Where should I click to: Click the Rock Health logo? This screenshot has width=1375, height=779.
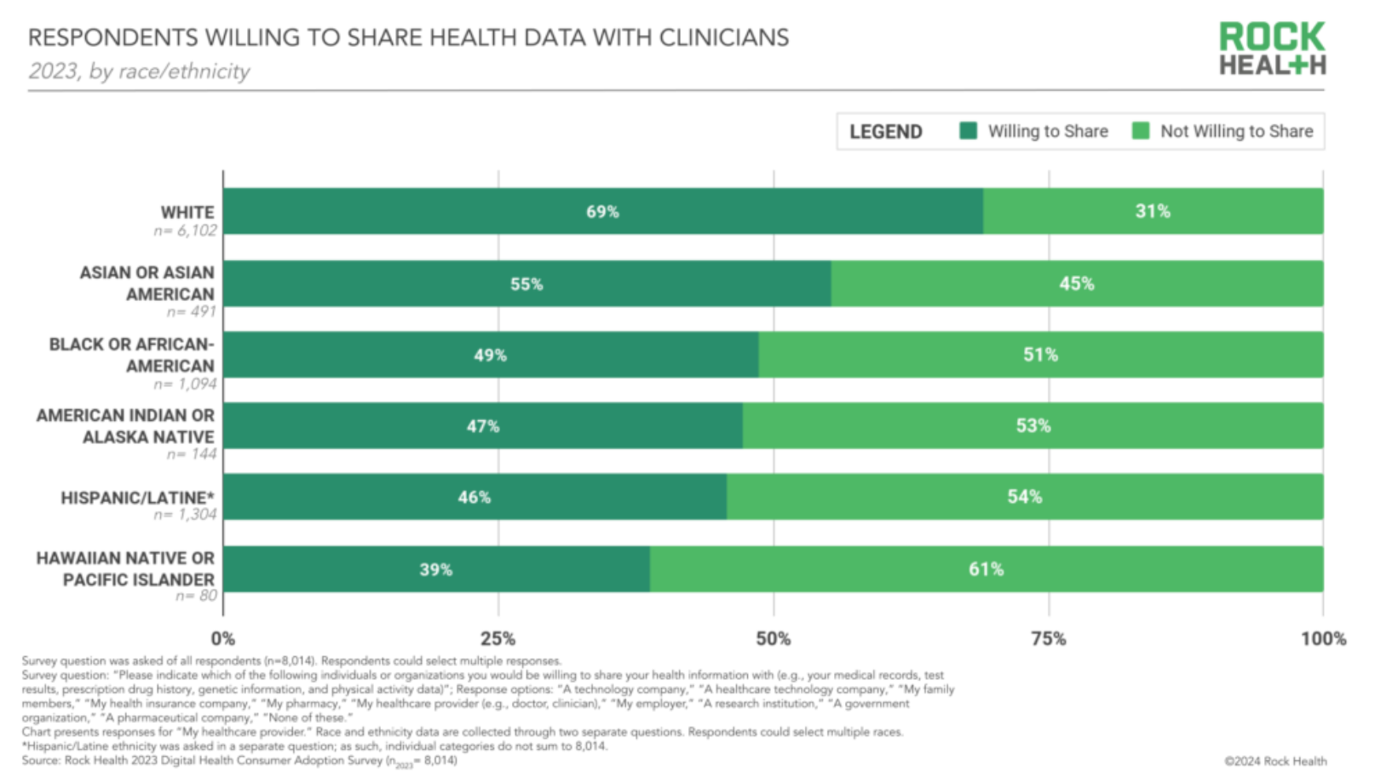coord(1272,49)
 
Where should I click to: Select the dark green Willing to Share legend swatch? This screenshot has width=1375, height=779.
coord(968,130)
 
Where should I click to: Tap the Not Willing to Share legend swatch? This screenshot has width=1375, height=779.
coord(1141,130)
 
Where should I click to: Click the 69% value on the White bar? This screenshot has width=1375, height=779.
coord(602,211)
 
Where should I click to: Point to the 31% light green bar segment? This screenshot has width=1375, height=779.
coord(1153,211)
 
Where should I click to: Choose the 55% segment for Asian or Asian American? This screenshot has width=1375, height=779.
coord(526,284)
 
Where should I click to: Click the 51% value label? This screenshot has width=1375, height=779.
coord(1040,355)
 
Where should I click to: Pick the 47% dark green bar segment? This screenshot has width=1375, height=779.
coord(482,426)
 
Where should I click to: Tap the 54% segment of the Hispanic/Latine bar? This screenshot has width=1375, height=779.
coord(1024,497)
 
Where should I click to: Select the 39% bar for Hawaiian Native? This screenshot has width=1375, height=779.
coord(435,569)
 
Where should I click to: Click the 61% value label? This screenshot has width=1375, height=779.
coord(986,569)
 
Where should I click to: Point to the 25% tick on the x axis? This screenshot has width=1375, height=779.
coord(498,638)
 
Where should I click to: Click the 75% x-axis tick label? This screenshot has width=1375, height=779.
coord(1048,638)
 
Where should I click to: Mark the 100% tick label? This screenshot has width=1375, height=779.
coord(1323,638)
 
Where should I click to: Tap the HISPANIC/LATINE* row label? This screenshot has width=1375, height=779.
coord(137,498)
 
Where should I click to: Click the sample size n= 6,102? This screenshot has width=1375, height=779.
coord(185,231)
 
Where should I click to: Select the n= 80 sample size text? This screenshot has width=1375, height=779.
coord(196,596)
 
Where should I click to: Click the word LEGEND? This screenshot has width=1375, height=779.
coord(886,131)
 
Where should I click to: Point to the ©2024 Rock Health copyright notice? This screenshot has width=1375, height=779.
coord(1275,761)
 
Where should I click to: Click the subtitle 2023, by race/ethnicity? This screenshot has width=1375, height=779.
coord(139,72)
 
